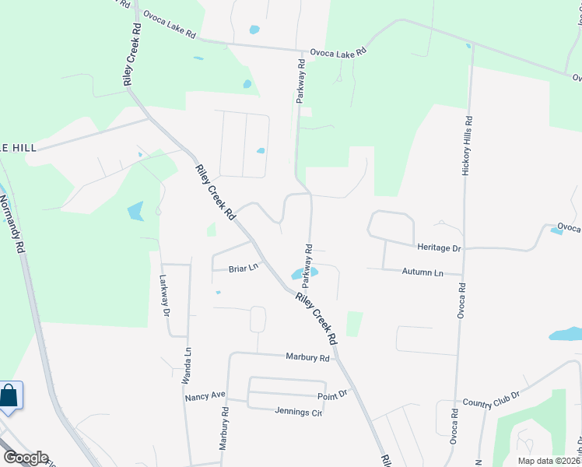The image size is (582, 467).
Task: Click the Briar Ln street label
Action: (243, 269)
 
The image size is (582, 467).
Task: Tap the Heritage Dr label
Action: (440, 248)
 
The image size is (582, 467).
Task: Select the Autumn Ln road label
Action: (422, 272)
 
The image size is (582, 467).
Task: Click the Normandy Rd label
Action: (11, 221)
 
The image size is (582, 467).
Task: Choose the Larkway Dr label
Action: (164, 295)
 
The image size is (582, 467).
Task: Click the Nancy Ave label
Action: (205, 398)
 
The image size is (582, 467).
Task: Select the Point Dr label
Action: (331, 396)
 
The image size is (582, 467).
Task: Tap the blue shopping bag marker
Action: (9, 395)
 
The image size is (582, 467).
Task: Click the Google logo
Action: (25, 458)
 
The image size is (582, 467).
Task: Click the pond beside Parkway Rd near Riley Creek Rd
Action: (304, 273)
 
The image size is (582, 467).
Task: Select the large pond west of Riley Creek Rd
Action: (135, 211)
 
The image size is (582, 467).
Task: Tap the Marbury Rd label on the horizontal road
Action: (307, 358)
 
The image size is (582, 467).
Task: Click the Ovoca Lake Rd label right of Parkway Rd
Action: (338, 52)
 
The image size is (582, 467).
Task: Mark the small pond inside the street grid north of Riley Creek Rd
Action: (261, 151)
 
